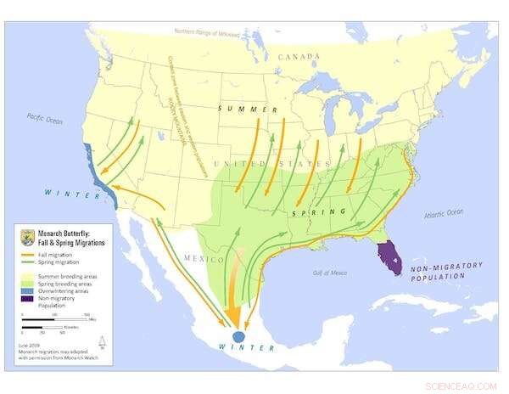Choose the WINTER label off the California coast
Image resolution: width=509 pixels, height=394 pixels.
pyautogui.click(x=63, y=191)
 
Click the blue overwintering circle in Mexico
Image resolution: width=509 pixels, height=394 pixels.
pyautogui.click(x=238, y=336)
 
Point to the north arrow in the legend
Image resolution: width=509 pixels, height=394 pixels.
pyautogui.click(x=102, y=341)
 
